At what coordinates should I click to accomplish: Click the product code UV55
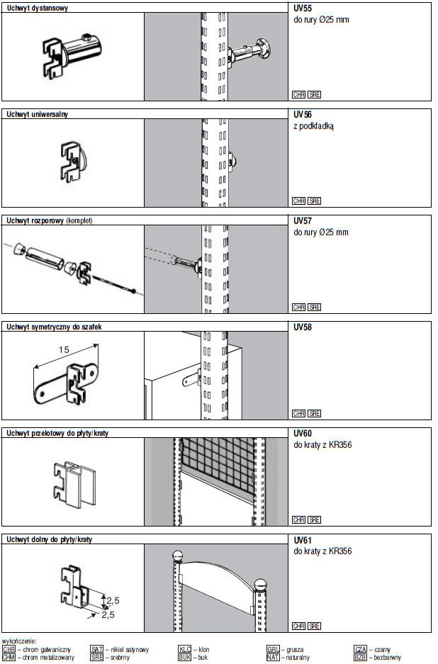click(302, 9)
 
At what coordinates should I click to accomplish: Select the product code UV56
click(303, 115)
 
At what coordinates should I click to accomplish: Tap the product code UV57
click(303, 221)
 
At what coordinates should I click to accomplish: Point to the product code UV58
click(303, 327)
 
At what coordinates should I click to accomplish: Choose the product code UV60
click(303, 434)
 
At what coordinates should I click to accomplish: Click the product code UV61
click(303, 540)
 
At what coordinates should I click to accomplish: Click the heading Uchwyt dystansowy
click(37, 8)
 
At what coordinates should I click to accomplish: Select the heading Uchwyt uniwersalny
click(38, 114)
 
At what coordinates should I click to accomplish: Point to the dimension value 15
click(63, 350)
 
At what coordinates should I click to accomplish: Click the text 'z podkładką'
click(313, 126)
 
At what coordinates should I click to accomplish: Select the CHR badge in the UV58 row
click(298, 413)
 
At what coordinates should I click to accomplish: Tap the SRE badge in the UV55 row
click(315, 94)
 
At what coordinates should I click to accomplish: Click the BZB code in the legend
click(360, 657)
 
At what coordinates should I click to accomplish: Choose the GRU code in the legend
click(273, 648)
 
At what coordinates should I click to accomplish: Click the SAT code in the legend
click(97, 648)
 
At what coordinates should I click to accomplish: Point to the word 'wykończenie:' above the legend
click(20, 641)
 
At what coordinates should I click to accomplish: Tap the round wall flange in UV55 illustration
click(267, 50)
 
